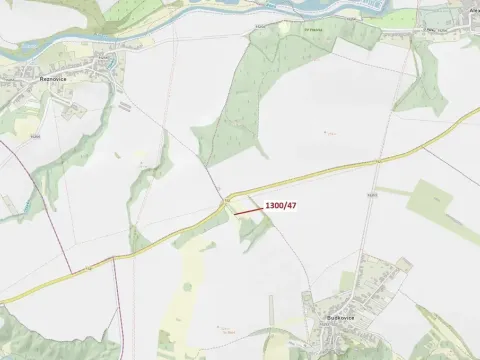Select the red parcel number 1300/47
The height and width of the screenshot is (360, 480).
tap(281, 205)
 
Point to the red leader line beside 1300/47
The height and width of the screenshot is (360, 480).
tap(248, 210)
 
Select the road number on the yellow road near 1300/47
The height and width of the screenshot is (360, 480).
tap(228, 199)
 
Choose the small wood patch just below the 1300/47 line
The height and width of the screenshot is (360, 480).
tap(252, 232)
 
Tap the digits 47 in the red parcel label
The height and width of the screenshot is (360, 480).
tap(291, 205)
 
